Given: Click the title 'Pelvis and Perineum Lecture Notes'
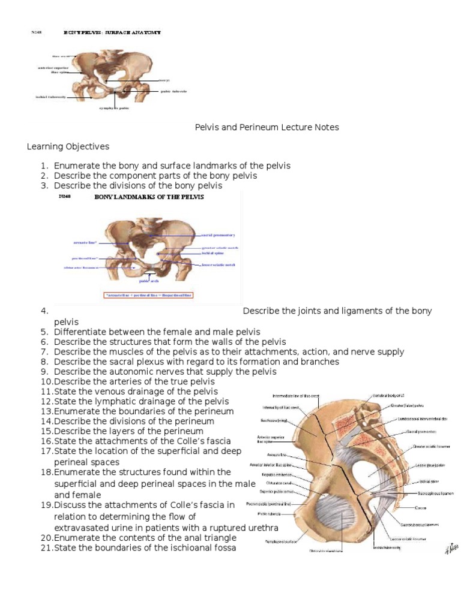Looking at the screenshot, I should coord(267,127).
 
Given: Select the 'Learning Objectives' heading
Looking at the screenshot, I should coord(68,146).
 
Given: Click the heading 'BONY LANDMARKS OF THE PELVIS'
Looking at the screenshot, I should coord(149,197).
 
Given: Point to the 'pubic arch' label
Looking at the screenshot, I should coord(148,280).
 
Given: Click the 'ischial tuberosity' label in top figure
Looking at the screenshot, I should coord(51,96).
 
